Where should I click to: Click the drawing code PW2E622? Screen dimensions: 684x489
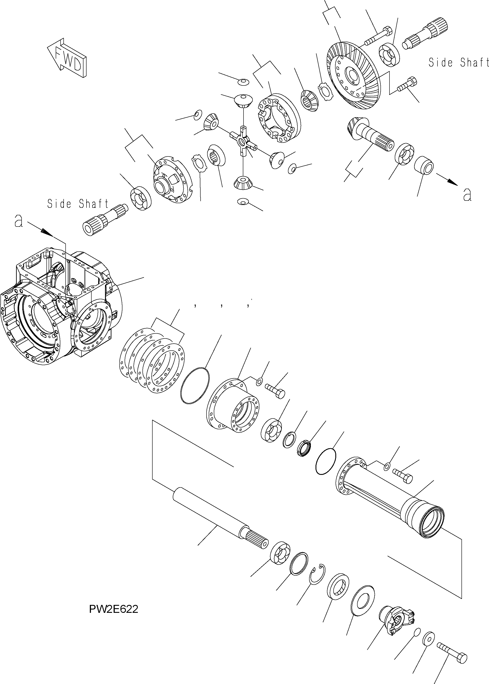coord(114,609)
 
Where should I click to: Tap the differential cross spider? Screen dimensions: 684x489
coord(243,141)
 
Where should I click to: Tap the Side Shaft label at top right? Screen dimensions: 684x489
coord(458,62)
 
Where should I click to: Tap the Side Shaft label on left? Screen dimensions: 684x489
coord(78,204)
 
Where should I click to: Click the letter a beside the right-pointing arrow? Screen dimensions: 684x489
coord(467,195)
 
